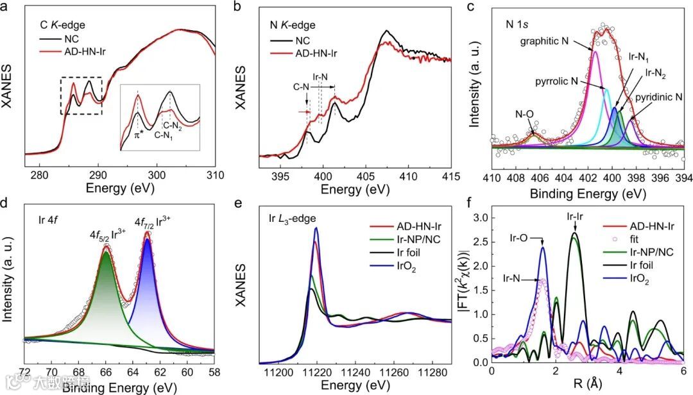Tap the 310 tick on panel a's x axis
tap(215, 174)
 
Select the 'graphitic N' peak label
tap(552, 41)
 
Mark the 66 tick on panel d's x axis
tap(107, 370)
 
